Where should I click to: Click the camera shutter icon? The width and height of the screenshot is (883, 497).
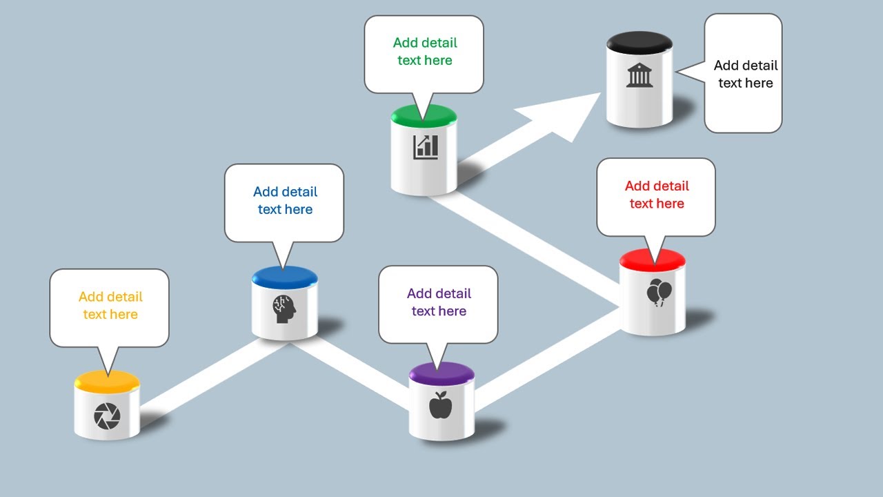click(x=107, y=416)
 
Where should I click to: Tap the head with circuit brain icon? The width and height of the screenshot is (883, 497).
click(x=284, y=309)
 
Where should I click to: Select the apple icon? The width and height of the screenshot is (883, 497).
click(x=440, y=405)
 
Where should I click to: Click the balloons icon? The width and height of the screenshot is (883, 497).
click(x=659, y=292)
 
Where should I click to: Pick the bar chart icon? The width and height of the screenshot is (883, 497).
click(x=426, y=147)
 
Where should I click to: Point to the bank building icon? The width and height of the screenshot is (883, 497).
click(x=639, y=75)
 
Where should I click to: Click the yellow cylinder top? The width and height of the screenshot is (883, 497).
click(x=107, y=382)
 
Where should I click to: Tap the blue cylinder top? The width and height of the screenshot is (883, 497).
click(x=285, y=277)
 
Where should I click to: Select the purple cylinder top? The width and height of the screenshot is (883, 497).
click(x=441, y=373)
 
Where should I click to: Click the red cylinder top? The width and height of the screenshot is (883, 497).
click(x=653, y=260)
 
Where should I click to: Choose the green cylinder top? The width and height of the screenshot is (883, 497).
click(x=424, y=116)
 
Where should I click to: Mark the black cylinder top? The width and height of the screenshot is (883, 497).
click(x=639, y=43)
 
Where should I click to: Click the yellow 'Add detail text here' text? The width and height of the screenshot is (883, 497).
click(x=110, y=305)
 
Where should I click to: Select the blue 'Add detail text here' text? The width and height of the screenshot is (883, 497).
click(x=285, y=200)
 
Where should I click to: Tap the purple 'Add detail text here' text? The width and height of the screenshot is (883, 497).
click(x=439, y=302)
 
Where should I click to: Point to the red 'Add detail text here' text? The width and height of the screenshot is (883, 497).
click(x=657, y=195)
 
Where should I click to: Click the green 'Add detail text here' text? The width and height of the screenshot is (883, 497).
click(x=425, y=51)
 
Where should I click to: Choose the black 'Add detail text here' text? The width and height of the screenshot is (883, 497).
click(x=746, y=74)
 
